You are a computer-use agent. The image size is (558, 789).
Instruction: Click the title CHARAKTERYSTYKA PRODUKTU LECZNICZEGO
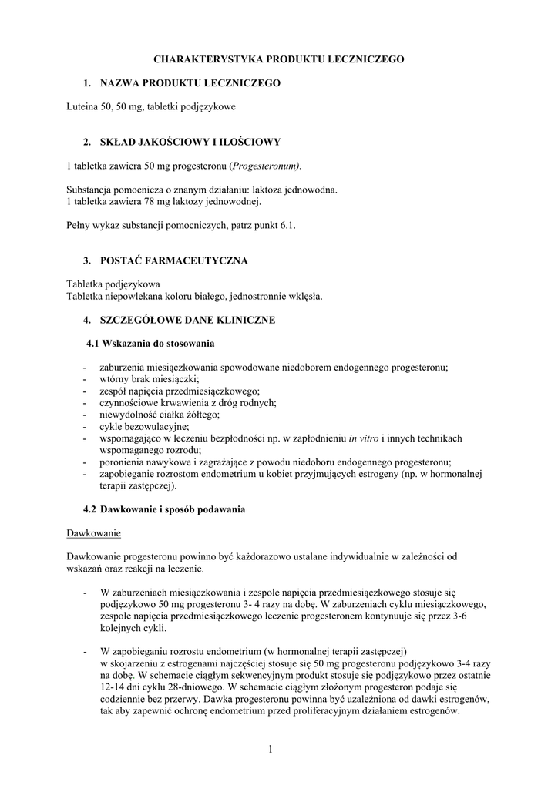click(x=278, y=59)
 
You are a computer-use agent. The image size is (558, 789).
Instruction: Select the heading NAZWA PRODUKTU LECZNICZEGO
click(x=190, y=82)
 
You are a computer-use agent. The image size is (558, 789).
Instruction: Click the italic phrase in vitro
click(x=364, y=438)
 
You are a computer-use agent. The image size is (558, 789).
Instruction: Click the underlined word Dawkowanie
click(x=94, y=533)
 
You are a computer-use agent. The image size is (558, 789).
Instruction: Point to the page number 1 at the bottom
click(x=272, y=749)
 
